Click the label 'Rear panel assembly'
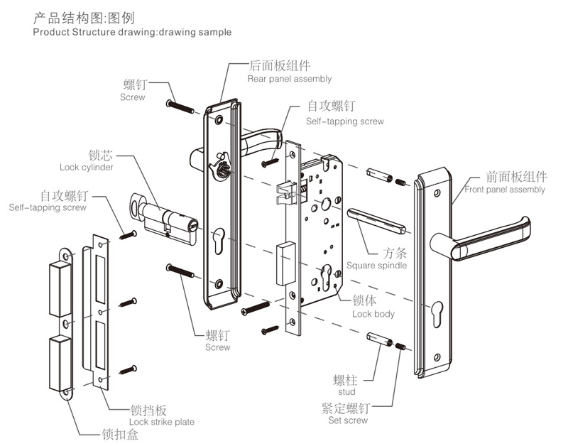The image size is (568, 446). pyautogui.click(x=289, y=79)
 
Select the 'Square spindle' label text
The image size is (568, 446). pyautogui.click(x=376, y=266)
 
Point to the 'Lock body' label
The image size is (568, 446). pyautogui.click(x=373, y=313)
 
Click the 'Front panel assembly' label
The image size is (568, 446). pyautogui.click(x=505, y=190)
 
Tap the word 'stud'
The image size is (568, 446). pyautogui.click(x=347, y=391)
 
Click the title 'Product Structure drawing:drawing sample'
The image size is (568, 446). pyautogui.click(x=132, y=33)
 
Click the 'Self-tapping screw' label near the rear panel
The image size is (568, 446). pyautogui.click(x=345, y=121)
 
